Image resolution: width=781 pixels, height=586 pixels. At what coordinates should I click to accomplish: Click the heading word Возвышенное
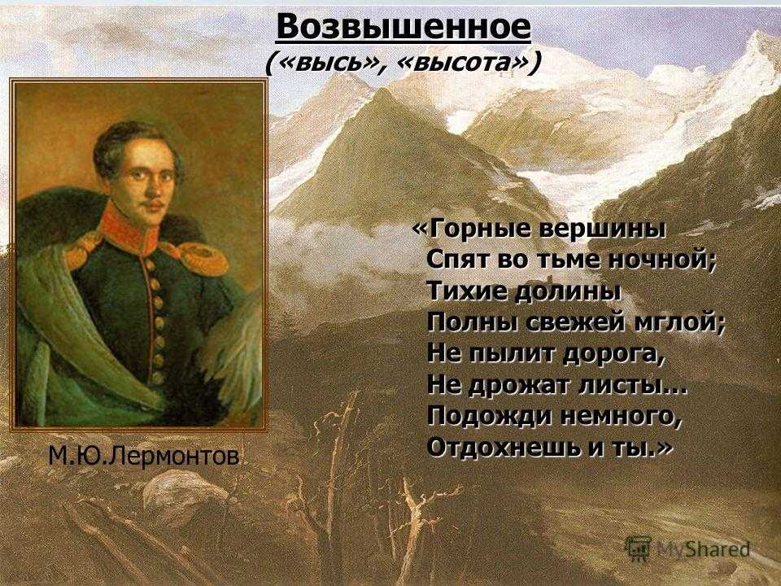(404, 27)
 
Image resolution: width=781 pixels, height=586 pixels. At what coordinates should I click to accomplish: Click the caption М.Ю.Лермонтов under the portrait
(143, 456)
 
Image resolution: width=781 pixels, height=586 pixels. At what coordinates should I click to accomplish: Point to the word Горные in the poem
(474, 230)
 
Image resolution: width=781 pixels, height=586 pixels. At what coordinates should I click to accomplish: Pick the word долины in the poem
(565, 291)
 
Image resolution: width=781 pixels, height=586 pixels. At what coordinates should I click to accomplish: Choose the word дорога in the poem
(613, 354)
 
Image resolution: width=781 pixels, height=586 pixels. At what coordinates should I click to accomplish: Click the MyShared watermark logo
(688, 549)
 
